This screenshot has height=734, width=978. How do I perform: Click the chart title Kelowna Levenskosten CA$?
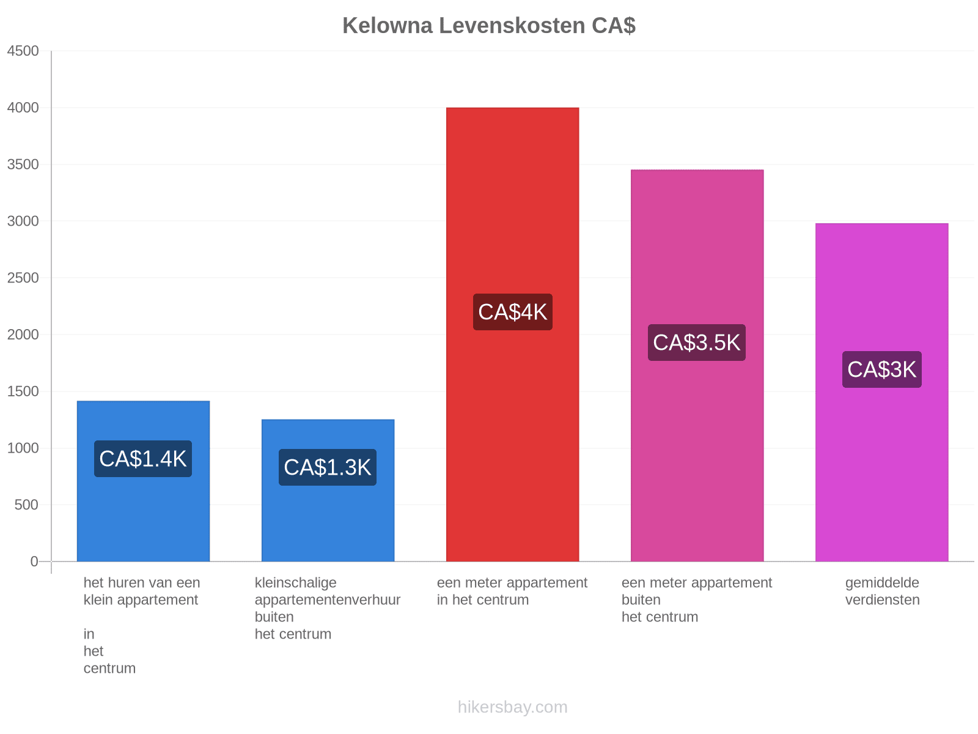pyautogui.click(x=488, y=26)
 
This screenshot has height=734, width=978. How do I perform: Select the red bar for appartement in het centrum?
pyautogui.click(x=512, y=334)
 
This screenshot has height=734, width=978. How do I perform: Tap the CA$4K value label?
pyautogui.click(x=512, y=311)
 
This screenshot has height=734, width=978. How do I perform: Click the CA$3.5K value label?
pyautogui.click(x=696, y=343)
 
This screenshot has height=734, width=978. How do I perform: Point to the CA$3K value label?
pyautogui.click(x=881, y=369)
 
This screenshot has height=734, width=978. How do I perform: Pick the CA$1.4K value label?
pyautogui.click(x=143, y=459)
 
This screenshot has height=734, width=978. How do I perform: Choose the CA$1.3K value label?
pyautogui.click(x=328, y=467)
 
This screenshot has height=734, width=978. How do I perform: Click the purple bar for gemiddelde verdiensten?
pyautogui.click(x=881, y=392)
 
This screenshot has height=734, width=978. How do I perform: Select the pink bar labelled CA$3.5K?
pyautogui.click(x=697, y=365)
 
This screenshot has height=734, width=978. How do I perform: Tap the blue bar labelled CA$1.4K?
pyautogui.click(x=143, y=481)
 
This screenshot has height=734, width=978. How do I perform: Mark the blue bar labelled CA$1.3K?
pyautogui.click(x=328, y=490)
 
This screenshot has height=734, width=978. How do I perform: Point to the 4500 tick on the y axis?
pyautogui.click(x=23, y=51)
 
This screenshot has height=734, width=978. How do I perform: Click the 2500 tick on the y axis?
pyautogui.click(x=23, y=278)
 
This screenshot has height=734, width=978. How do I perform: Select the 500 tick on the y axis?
pyautogui.click(x=26, y=505)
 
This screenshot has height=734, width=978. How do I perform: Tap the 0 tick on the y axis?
pyautogui.click(x=34, y=561)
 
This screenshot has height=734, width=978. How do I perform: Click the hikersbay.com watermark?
pyautogui.click(x=512, y=707)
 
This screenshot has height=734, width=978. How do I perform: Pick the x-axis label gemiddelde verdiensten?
pyautogui.click(x=882, y=591)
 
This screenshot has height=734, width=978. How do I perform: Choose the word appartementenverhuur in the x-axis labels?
pyautogui.click(x=328, y=600)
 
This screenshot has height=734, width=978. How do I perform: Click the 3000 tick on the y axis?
pyautogui.click(x=23, y=221)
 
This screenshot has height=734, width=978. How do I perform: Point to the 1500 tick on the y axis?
pyautogui.click(x=23, y=391)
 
